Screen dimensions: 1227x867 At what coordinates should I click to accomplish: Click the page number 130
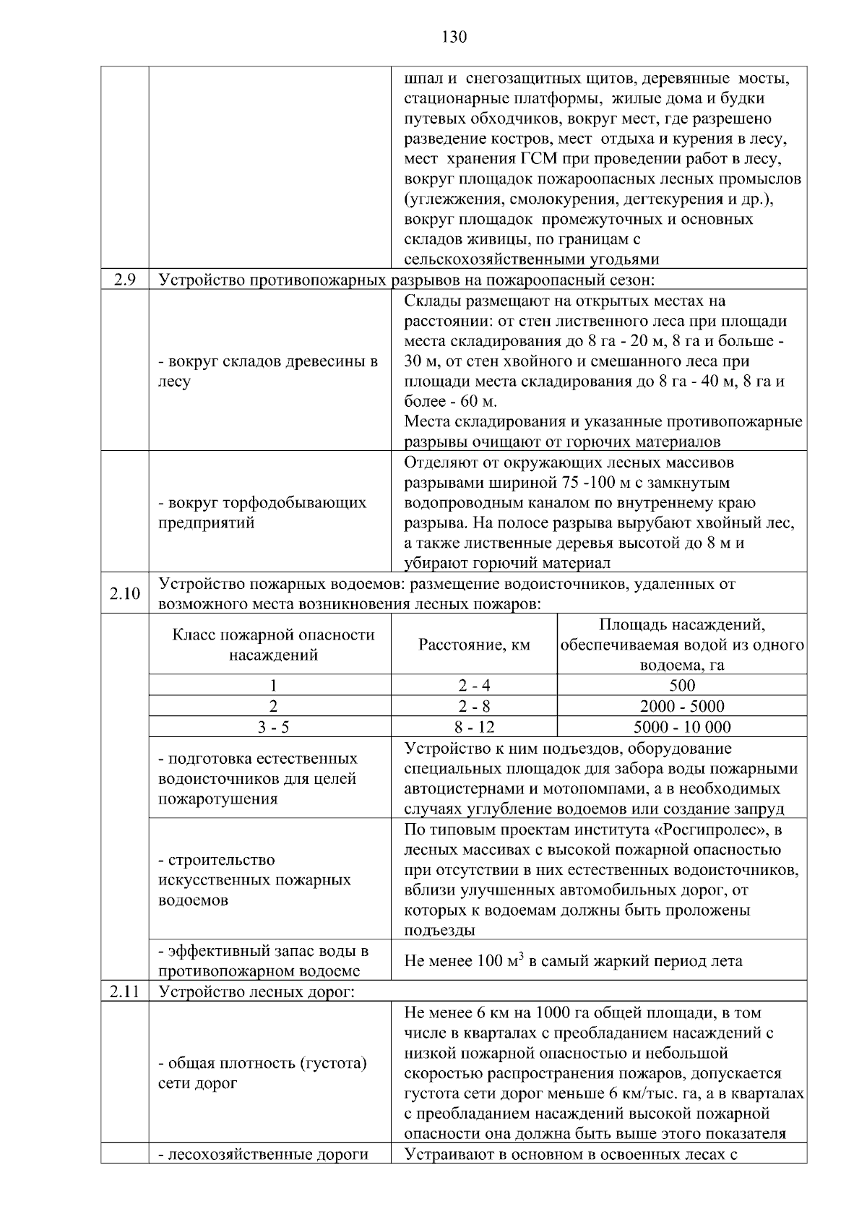click(x=454, y=37)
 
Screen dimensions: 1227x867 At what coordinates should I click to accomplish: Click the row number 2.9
click(x=125, y=280)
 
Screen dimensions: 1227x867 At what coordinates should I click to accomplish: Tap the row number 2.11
click(x=125, y=992)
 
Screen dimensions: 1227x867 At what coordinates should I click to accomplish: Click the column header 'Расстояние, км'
click(x=474, y=645)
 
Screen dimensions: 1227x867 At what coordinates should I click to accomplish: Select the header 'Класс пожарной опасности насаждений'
click(x=273, y=645)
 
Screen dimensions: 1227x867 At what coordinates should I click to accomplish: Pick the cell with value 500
click(x=682, y=685)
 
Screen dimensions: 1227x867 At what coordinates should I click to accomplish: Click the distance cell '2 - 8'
click(x=474, y=706)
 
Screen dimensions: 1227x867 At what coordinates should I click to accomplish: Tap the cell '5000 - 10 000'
click(x=682, y=727)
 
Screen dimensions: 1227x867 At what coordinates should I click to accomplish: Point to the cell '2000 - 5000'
click(x=682, y=706)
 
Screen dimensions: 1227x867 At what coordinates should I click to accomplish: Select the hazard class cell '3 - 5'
click(x=273, y=727)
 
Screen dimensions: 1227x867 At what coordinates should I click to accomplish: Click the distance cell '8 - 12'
click(x=474, y=727)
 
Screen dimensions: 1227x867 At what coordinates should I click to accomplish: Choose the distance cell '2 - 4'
click(x=474, y=685)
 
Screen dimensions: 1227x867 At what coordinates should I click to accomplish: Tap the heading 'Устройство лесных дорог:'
click(x=256, y=992)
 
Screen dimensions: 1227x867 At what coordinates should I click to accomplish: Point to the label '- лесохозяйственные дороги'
click(x=263, y=1154)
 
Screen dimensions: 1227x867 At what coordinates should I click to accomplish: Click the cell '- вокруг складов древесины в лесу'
click(x=267, y=371)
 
